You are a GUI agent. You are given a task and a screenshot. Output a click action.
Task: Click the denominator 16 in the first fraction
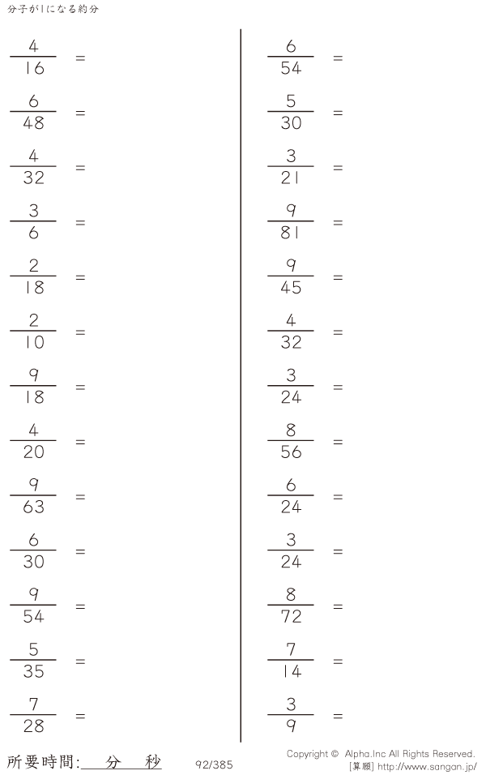tap(33, 68)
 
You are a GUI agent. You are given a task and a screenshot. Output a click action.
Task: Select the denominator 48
tap(33, 123)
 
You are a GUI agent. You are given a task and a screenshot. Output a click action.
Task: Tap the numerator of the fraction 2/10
tap(33, 320)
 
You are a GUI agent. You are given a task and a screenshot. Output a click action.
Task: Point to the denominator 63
tap(33, 507)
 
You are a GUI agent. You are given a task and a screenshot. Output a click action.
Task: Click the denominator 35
tap(33, 671)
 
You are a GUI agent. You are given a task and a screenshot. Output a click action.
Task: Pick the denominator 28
tap(33, 726)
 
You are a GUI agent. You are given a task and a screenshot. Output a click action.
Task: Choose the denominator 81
tap(290, 233)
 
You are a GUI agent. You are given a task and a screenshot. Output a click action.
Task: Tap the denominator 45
tap(291, 288)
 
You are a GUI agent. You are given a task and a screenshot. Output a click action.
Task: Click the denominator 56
tap(291, 452)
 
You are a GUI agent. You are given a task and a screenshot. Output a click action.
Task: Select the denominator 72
tap(291, 617)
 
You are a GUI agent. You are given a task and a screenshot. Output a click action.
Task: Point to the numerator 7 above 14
tap(291, 649)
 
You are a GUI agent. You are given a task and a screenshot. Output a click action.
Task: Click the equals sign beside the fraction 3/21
tap(338, 168)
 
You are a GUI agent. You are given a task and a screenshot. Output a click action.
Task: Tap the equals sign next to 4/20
tap(80, 443)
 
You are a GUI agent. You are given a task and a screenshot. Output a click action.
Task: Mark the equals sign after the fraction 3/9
tap(338, 716)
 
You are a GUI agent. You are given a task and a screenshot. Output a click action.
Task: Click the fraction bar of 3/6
tap(33, 221)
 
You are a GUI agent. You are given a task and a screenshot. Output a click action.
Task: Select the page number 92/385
tap(214, 764)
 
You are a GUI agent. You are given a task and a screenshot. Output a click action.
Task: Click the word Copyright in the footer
tap(307, 754)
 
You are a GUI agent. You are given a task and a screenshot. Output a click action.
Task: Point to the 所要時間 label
tap(41, 762)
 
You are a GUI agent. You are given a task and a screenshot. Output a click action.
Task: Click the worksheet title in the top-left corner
tap(53, 9)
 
